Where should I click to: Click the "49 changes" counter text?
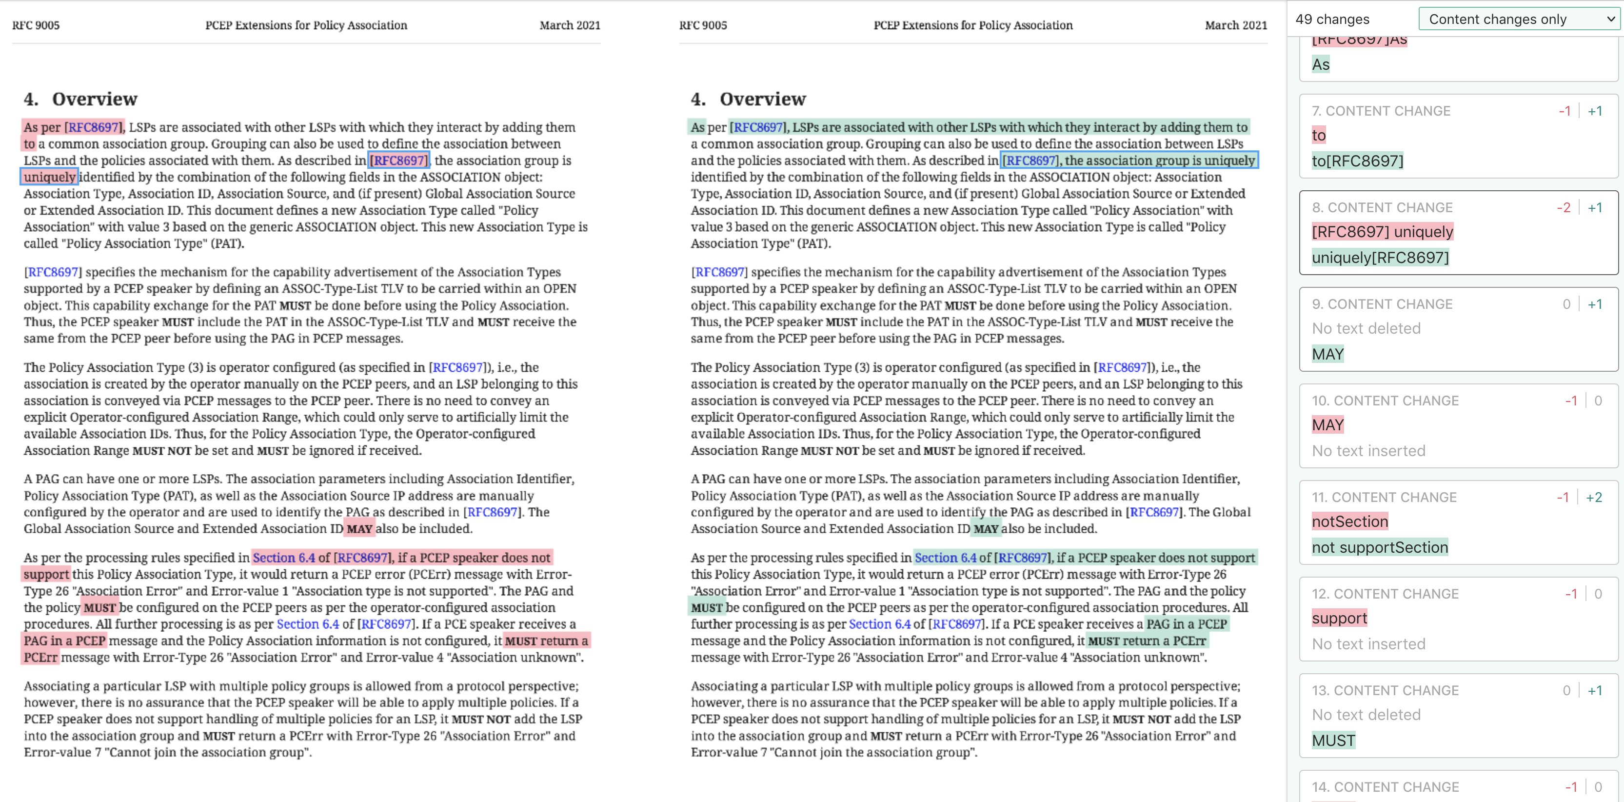1332,19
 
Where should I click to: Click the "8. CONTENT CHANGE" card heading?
1382,207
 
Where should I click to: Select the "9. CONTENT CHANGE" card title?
1382,304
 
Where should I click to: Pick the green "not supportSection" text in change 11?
1379,547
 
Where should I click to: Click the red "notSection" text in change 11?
1350,521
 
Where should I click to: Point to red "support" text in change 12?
1339,618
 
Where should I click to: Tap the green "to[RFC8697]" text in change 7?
1357,161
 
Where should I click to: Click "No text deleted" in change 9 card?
1366,328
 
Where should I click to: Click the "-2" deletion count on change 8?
1564,207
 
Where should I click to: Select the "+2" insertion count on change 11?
1594,497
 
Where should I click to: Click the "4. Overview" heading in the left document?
80,99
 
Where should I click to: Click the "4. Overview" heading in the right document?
748,99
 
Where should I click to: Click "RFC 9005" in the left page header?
36,25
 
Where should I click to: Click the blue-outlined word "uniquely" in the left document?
49,177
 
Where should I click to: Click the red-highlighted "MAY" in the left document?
359,529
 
